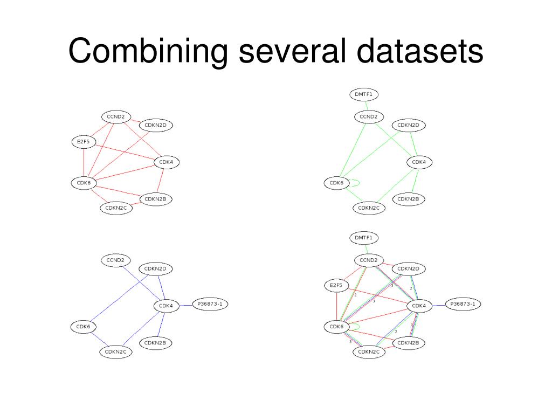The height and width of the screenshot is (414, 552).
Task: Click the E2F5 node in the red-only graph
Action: [84, 142]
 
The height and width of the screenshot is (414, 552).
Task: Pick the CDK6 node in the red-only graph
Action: [84, 183]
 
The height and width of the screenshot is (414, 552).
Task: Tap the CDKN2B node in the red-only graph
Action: [156, 199]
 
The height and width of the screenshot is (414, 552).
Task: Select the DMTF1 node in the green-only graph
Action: [364, 94]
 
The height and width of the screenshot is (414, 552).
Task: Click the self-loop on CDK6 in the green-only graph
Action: [355, 183]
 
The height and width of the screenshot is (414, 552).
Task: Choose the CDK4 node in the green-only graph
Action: [419, 162]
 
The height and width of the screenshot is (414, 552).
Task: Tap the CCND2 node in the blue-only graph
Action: [115, 260]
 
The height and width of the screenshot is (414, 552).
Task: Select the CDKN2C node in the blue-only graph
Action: [115, 352]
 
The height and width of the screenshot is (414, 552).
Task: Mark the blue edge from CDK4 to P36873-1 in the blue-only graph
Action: [185, 305]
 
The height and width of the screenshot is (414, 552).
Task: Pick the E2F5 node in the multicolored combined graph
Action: [337, 285]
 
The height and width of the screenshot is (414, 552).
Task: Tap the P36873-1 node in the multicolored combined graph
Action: [463, 304]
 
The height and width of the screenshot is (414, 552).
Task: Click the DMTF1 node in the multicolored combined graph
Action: [364, 237]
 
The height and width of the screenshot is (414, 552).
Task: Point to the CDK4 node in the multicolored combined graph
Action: [419, 306]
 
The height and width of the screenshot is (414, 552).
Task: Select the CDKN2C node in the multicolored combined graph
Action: [369, 352]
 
